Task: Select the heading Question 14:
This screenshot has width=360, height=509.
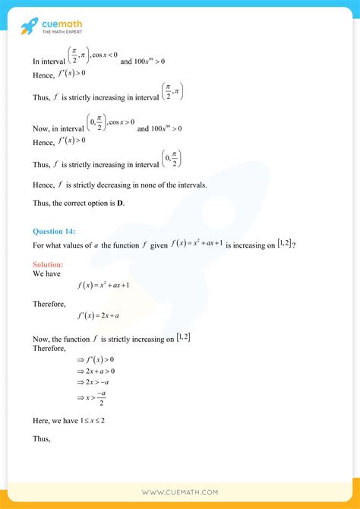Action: click(54, 231)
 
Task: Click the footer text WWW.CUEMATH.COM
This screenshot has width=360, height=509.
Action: click(180, 493)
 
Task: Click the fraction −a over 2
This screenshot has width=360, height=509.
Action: click(103, 400)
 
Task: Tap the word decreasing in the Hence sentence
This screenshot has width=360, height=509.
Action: click(128, 185)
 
